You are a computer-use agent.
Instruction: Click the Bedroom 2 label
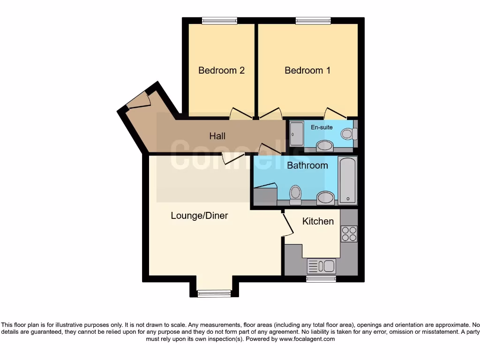221,70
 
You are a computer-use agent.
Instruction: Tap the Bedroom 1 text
307,70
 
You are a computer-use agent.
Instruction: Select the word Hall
217,136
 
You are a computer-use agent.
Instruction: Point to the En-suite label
322,127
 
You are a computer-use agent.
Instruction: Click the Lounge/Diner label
199,216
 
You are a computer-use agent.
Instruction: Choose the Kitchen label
318,221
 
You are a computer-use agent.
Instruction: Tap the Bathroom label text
307,165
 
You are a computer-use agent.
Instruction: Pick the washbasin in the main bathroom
326,198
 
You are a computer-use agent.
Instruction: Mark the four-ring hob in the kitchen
349,233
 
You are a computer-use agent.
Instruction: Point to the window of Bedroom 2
219,20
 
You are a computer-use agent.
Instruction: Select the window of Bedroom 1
313,20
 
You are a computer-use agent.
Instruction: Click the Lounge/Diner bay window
214,294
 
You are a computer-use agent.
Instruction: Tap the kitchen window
321,279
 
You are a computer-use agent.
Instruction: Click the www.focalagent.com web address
307,339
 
